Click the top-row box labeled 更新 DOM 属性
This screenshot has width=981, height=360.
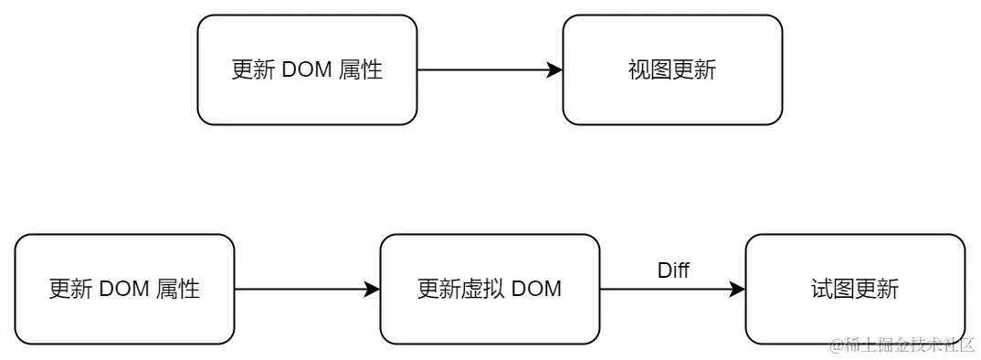(x=307, y=70)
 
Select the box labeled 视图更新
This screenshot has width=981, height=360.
(x=672, y=70)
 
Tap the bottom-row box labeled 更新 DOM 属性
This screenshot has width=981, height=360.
(x=124, y=290)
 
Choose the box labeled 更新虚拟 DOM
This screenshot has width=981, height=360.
(x=490, y=290)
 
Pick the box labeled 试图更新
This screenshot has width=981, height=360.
(x=855, y=290)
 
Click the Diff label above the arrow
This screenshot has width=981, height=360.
(x=673, y=270)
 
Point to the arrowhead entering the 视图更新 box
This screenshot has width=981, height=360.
(x=554, y=70)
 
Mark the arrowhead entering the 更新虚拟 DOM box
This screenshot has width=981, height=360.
(x=372, y=290)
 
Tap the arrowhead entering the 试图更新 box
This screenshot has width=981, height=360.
(x=737, y=290)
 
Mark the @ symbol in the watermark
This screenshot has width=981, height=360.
(x=835, y=344)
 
